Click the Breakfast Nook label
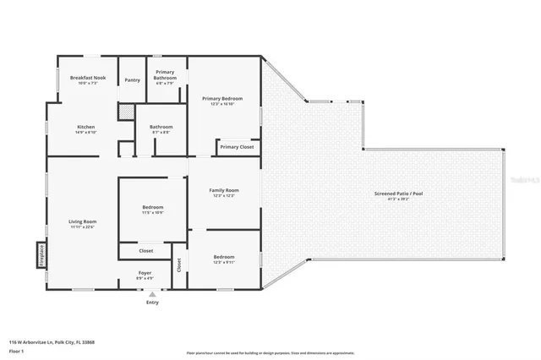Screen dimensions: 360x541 pos(88,78)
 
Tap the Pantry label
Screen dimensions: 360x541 pos(132,80)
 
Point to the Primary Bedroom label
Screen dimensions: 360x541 pos(222,99)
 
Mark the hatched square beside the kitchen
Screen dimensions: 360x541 pos(125,112)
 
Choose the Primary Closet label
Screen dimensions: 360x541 pos(237,147)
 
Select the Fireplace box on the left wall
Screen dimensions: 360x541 pos(39,255)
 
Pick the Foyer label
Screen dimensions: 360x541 pos(145,273)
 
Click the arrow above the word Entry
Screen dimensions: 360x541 pos(152,293)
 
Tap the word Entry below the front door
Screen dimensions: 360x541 pos(152,302)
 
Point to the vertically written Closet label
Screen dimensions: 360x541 pos(178,265)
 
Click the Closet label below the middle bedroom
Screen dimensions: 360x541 pos(145,250)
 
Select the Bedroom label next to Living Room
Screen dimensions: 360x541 pos(152,207)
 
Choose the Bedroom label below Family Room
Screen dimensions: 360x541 pos(223,257)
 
